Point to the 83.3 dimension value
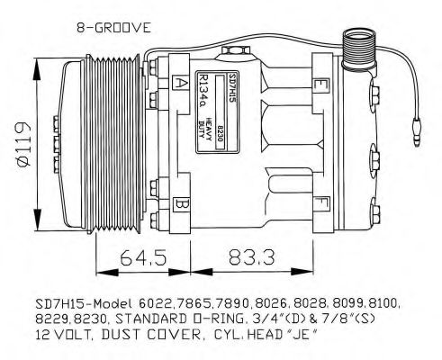(251, 257)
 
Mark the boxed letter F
(321, 202)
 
